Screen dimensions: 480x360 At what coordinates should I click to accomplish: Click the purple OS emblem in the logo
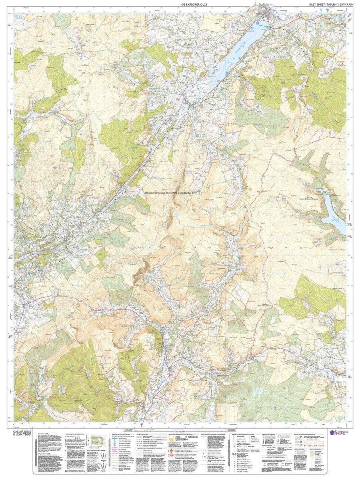331,432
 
